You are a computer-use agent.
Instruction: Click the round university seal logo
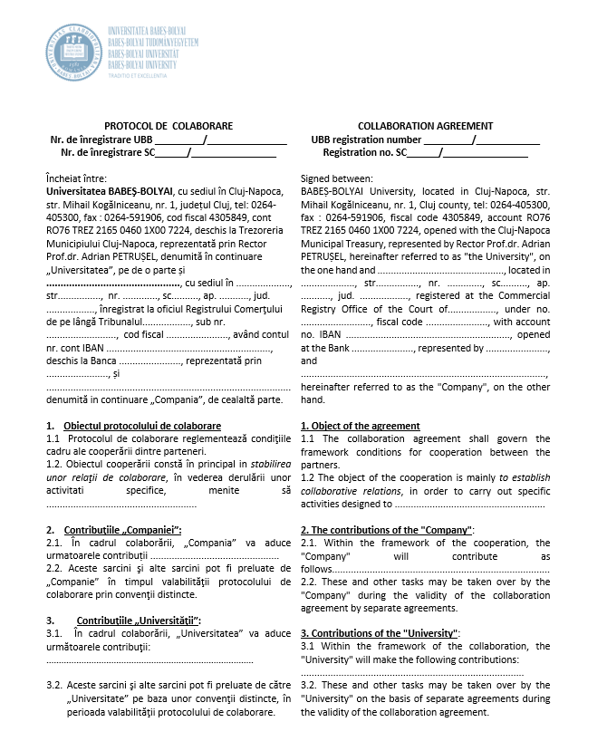74,52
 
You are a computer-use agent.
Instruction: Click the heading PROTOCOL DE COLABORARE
169,126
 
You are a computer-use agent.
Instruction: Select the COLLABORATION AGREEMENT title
426,126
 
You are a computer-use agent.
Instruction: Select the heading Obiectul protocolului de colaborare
142,426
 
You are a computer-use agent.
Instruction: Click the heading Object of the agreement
360,426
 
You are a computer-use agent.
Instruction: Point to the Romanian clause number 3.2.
53,686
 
